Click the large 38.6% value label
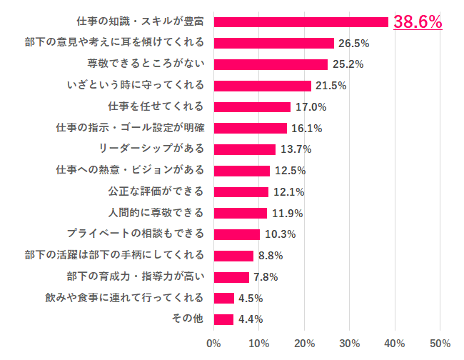pyautogui.click(x=418, y=22)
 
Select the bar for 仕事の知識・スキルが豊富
pyautogui.click(x=301, y=22)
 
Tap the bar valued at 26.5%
pyautogui.click(x=273, y=43)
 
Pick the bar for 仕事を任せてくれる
pyautogui.click(x=252, y=107)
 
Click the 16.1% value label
pyautogui.click(x=306, y=129)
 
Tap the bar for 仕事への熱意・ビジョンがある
pyautogui.click(x=241, y=171)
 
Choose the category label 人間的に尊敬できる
pyautogui.click(x=156, y=213)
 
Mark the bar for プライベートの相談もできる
pyautogui.click(x=236, y=234)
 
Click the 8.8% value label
pyautogui.click(x=270, y=256)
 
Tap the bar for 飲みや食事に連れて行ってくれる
pyautogui.click(x=223, y=298)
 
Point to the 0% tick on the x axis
pyautogui.click(x=213, y=344)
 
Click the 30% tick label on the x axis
pyautogui.click(x=349, y=344)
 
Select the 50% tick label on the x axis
pyautogui.click(x=440, y=344)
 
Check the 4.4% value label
pyautogui.click(x=250, y=319)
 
